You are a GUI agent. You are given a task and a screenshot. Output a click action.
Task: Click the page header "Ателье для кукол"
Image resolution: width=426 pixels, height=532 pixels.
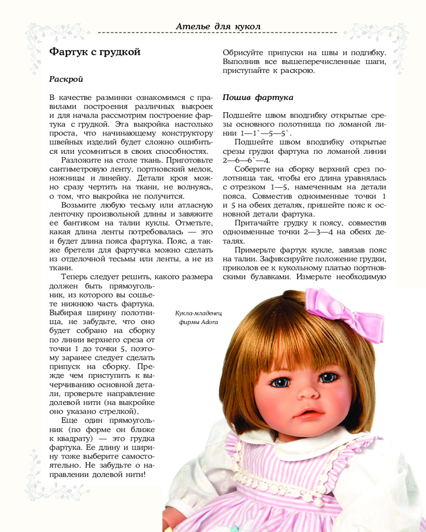(218, 26)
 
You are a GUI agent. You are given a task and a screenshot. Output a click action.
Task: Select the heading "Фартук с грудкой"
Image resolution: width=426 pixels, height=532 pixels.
(94, 52)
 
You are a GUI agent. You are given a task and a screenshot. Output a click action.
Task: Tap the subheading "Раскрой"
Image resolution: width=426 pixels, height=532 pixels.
(66, 79)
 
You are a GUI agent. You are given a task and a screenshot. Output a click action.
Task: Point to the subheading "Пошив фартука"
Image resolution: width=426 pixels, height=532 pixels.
(255, 97)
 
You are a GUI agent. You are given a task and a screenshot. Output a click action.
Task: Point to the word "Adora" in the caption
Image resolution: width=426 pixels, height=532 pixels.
(210, 322)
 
